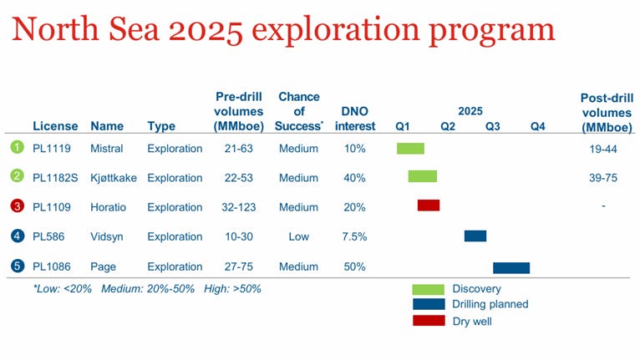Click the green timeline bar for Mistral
coord(410,149)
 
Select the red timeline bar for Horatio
coord(429,205)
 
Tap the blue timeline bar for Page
coord(510,267)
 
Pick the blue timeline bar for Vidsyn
coord(475,236)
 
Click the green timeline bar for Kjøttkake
coord(422,176)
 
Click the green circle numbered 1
coord(16,148)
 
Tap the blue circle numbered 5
coord(16,266)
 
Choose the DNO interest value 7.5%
coord(353,237)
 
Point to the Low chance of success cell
coord(298,237)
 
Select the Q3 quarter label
coord(492,127)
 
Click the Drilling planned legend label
coord(490,305)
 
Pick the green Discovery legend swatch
coord(429,289)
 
